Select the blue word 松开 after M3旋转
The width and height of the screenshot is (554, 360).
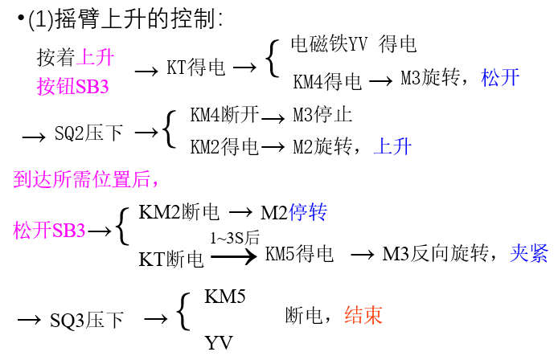(x=500, y=78)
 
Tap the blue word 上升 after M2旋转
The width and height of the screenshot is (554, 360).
(x=393, y=146)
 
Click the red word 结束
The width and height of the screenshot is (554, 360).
(x=363, y=315)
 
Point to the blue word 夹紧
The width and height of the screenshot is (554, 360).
(x=529, y=254)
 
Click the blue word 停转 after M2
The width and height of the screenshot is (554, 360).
(x=308, y=212)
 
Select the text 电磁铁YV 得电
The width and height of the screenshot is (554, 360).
(x=353, y=43)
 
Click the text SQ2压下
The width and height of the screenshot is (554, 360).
(x=88, y=133)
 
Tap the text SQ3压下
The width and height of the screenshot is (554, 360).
(x=88, y=321)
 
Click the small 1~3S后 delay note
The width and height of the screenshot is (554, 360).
(x=235, y=238)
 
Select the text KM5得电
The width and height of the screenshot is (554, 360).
(x=298, y=255)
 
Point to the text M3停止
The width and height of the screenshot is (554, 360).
(x=322, y=115)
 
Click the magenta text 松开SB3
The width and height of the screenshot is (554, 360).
(x=49, y=231)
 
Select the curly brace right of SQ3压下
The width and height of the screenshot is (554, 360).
(x=183, y=313)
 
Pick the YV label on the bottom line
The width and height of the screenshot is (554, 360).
(x=218, y=343)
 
